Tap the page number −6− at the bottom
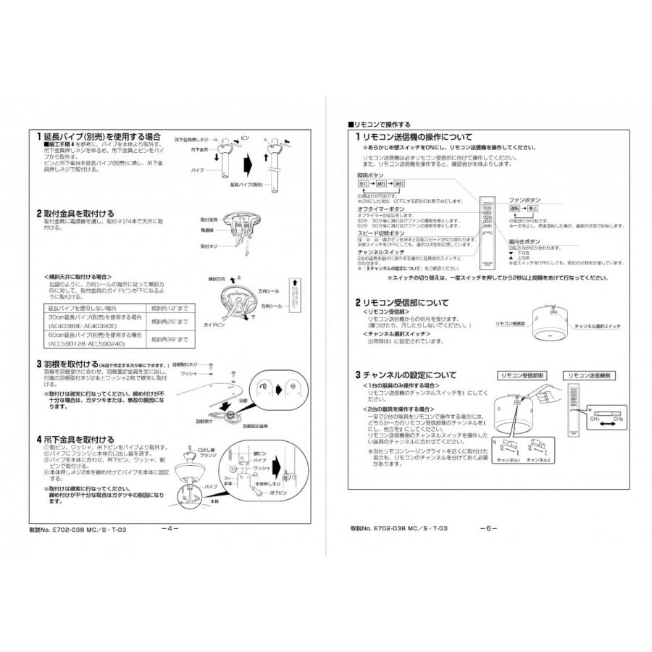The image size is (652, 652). tap(488, 528)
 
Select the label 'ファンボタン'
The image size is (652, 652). tap(524, 198)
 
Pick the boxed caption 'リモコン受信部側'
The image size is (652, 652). tap(523, 376)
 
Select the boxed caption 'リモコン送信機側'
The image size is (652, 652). tap(588, 376)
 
